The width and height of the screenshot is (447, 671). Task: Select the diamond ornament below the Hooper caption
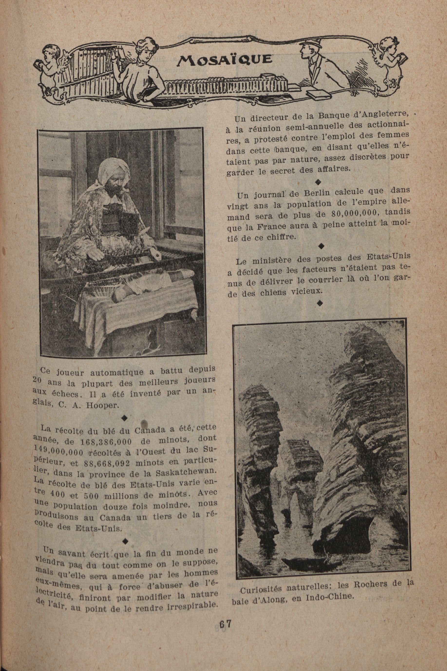coord(124,418)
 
